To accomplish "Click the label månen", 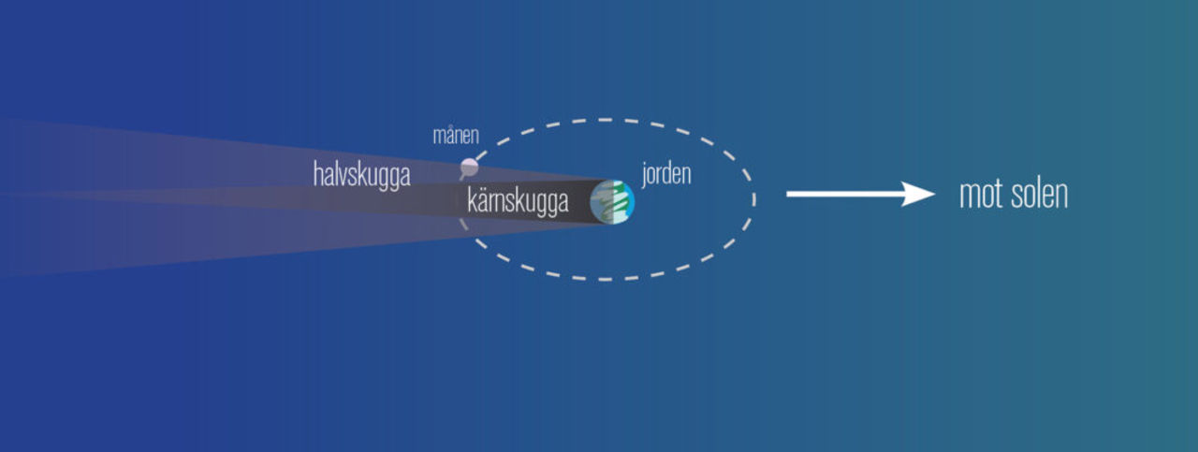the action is pos(456,136).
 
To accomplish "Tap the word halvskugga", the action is pos(362,175).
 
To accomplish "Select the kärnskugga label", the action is pos(518,201).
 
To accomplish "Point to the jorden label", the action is pos(666,174).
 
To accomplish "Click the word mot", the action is pos(982,194).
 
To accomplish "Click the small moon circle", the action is pos(469,168).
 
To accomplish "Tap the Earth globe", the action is pos(612,201).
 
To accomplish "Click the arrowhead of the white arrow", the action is pos(919,194).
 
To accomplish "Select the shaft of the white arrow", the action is pos(844,194).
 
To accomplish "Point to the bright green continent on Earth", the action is pos(620,197).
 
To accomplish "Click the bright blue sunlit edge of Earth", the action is pos(630,201).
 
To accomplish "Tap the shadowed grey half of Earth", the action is pos(600,201).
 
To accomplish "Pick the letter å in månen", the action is pos(450,136).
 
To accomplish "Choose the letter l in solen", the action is pos(1036,194).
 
